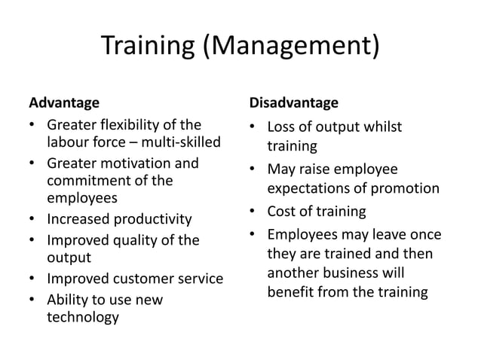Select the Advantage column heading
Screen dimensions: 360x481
tap(64, 102)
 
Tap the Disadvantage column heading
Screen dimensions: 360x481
tap(293, 102)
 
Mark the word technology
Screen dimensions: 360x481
tap(83, 317)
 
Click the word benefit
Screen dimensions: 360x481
tap(290, 291)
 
